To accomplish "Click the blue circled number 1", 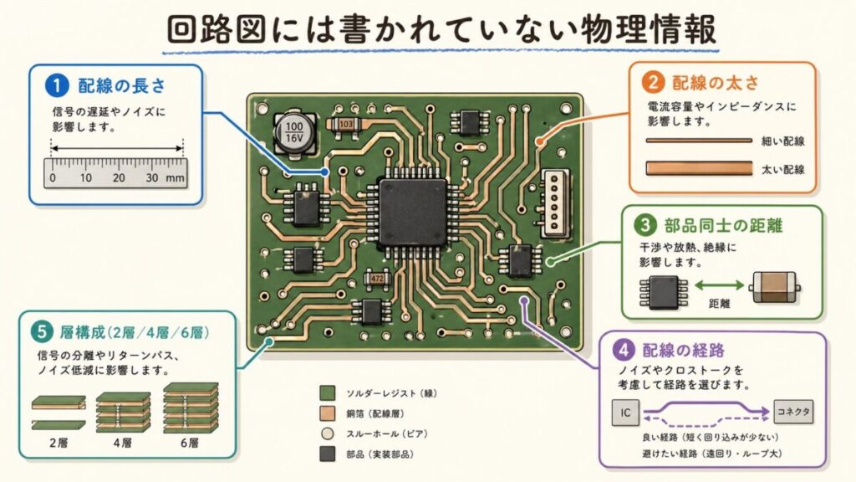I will tap(57, 85).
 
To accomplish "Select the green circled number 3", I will tap(645, 225).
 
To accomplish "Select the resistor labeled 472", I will tap(374, 277).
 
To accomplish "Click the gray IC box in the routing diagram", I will tap(627, 412).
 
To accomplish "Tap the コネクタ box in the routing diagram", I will tap(792, 412).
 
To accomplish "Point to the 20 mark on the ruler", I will tap(119, 178).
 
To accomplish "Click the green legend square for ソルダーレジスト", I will tap(329, 392).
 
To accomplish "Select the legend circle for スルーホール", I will tap(329, 433).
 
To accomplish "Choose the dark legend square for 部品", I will tap(329, 454).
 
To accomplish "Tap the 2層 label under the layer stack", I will tap(59, 442).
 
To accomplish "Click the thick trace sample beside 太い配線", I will tap(698, 169).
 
